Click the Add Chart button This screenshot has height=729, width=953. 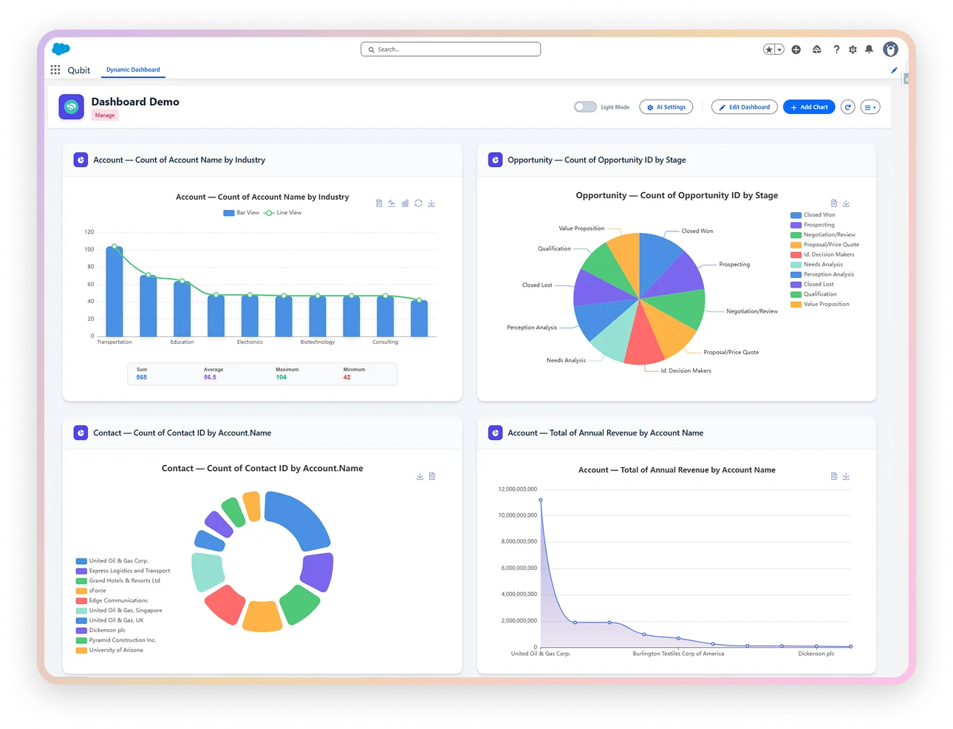[x=809, y=107]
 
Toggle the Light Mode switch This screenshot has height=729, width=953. [x=585, y=107]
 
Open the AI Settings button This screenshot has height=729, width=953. [x=666, y=107]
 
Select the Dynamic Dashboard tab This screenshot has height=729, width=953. [x=133, y=69]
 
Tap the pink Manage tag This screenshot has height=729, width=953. [x=105, y=115]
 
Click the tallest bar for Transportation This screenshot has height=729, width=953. [x=115, y=291]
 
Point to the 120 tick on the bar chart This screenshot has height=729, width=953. [x=89, y=232]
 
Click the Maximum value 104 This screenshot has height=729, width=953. [x=281, y=377]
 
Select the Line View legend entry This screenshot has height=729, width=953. [x=284, y=213]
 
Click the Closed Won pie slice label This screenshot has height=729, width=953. [x=697, y=231]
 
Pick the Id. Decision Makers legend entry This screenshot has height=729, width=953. [x=828, y=254]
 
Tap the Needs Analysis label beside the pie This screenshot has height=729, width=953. [x=566, y=360]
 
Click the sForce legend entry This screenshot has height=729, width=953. [x=97, y=591]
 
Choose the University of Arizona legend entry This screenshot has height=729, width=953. [x=116, y=650]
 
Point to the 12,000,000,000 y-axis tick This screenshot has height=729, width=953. [x=518, y=489]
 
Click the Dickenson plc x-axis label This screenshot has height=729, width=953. [x=816, y=654]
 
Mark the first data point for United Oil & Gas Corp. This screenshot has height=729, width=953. [x=541, y=500]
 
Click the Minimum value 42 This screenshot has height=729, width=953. [x=347, y=377]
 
